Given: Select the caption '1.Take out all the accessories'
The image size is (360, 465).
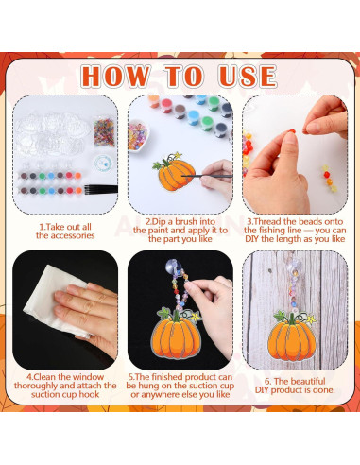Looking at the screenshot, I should click(x=66, y=230).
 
